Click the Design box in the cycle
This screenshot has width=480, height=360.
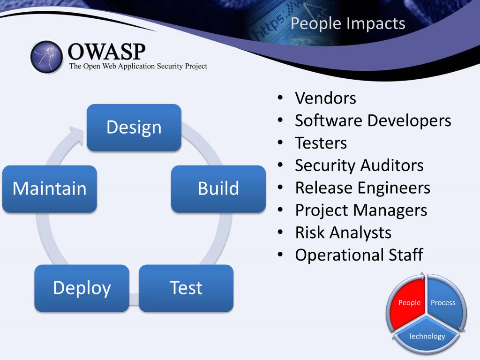[x=134, y=127]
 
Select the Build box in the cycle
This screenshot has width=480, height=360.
[x=218, y=189]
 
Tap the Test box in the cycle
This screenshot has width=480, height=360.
[x=186, y=288]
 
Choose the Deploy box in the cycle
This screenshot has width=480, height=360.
[x=82, y=288]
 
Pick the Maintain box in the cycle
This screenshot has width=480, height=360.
[x=50, y=189]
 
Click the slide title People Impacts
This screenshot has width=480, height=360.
[x=348, y=23]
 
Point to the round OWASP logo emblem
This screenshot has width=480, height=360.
[x=46, y=57]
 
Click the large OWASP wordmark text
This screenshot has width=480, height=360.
[x=106, y=52]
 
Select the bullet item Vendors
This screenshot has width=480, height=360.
[x=325, y=98]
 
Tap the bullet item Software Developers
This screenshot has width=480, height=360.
[x=373, y=120]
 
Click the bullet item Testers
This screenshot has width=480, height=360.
[x=321, y=143]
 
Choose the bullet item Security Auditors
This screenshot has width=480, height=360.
[x=359, y=165]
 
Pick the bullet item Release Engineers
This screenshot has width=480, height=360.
[x=362, y=188]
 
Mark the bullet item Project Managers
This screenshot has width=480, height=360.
[x=361, y=210]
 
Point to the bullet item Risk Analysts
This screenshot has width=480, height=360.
[x=343, y=232]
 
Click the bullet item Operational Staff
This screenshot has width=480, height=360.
[x=359, y=255]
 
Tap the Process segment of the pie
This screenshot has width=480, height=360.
[x=445, y=303]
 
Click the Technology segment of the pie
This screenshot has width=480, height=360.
[x=427, y=335]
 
